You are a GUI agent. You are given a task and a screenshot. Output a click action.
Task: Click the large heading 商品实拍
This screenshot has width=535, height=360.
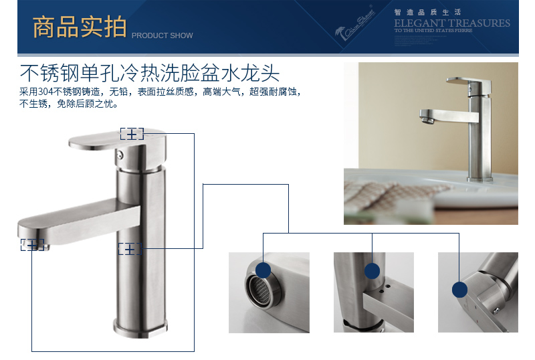coord(80,27)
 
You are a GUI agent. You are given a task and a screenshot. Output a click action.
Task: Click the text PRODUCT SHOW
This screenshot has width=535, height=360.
coord(162,35)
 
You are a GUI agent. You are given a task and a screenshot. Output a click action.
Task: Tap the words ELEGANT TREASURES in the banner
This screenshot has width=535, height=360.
coord(451,23)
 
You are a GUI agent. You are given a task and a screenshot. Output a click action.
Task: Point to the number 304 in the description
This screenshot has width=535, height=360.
coord(46,91)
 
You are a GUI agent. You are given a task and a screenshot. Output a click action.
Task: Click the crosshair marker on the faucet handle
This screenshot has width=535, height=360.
coord(132,134)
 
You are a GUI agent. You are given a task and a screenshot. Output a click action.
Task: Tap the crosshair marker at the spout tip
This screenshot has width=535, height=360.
coord(31,245)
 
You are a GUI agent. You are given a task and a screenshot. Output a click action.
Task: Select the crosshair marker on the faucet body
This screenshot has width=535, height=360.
coord(130,249)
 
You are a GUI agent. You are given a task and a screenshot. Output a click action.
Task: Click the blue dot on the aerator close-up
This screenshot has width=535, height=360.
coord(263,270)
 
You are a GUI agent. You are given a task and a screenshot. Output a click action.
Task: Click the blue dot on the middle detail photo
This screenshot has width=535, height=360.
coord(372,270)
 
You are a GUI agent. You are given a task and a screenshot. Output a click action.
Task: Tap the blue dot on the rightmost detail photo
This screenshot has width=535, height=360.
coord(459,289)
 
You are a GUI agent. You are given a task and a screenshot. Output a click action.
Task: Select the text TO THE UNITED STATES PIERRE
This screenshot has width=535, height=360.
coord(433,30)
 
